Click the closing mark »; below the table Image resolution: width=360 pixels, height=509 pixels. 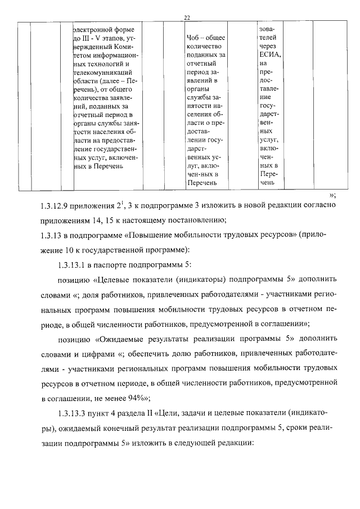332,195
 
